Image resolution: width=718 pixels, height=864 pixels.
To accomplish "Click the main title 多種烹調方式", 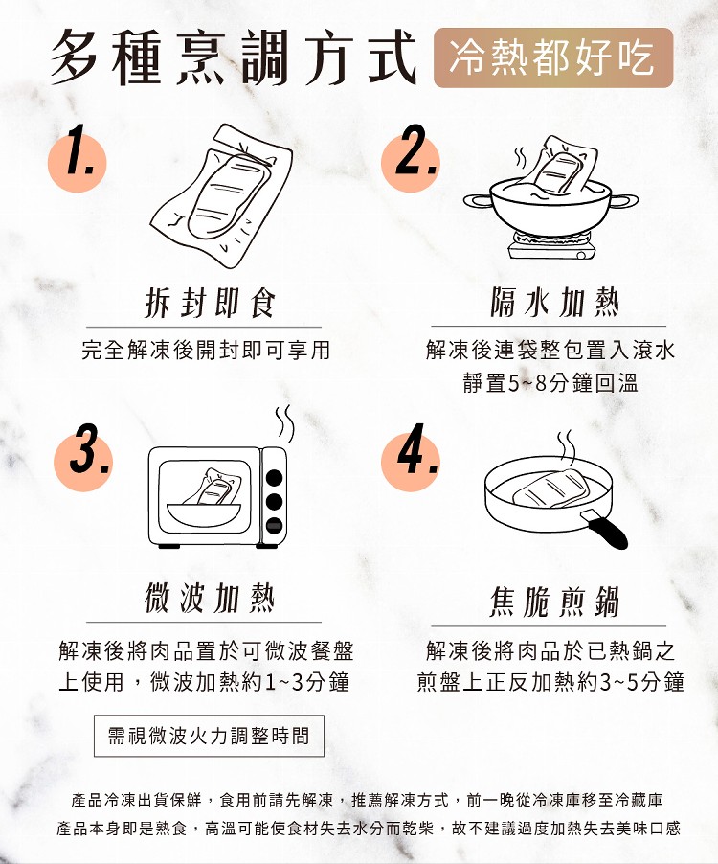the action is click(x=234, y=57).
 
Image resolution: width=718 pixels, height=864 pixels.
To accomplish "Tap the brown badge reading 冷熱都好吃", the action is click(x=552, y=57).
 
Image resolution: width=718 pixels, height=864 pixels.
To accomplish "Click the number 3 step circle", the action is click(x=83, y=458).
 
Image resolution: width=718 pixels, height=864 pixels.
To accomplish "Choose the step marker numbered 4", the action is click(x=411, y=458).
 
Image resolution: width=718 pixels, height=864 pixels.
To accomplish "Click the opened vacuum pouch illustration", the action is click(x=221, y=195).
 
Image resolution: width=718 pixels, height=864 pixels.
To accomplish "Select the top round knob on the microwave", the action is click(x=274, y=477).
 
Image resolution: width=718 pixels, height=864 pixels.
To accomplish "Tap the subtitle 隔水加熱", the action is click(x=554, y=303).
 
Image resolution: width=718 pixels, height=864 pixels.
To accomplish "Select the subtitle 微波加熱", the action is click(x=209, y=599).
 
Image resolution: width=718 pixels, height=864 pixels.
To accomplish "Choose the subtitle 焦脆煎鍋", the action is click(x=554, y=602).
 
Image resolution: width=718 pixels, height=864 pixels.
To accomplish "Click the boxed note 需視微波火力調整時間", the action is click(x=209, y=736).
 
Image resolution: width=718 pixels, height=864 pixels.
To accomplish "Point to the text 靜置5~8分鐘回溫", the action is click(x=550, y=383).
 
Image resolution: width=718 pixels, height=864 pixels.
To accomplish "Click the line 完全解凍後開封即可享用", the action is click(x=206, y=351).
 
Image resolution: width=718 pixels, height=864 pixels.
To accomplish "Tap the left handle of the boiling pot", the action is click(x=478, y=200).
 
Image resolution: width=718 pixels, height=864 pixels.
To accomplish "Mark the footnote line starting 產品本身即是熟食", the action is click(x=369, y=829).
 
